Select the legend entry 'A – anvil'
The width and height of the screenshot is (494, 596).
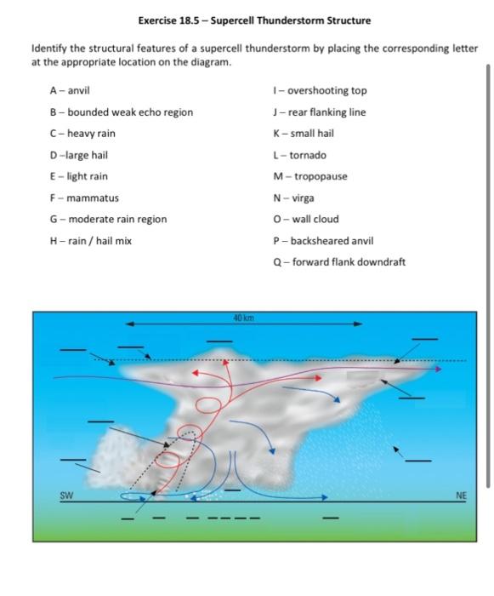coord(71,91)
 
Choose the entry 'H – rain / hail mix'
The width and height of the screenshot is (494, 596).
coord(90,241)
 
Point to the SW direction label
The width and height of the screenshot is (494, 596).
coord(65,495)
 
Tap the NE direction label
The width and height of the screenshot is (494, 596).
coord(461,495)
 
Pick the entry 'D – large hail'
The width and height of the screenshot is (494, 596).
coord(78,156)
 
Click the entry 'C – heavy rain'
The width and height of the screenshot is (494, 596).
coord(82,134)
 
